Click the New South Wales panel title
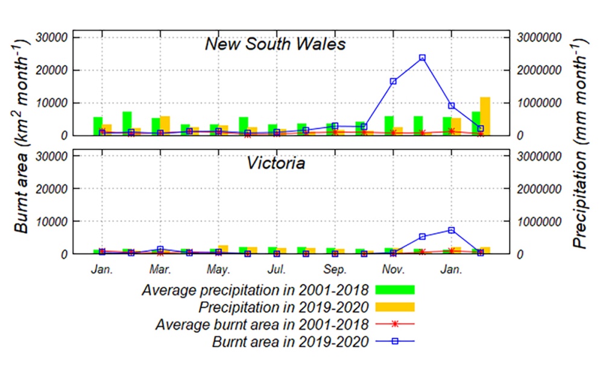pyautogui.click(x=275, y=44)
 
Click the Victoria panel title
pyautogui.click(x=276, y=163)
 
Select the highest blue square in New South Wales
pyautogui.click(x=422, y=58)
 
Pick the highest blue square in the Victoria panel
pyautogui.click(x=451, y=230)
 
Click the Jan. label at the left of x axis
pyautogui.click(x=102, y=269)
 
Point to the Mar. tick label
pyautogui.click(x=160, y=269)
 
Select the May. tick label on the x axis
pyautogui.click(x=218, y=269)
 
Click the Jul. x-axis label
pyautogui.click(x=277, y=269)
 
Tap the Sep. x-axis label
pyautogui.click(x=335, y=269)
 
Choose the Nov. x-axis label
pyautogui.click(x=393, y=269)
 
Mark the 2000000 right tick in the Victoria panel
pyautogui.click(x=541, y=188)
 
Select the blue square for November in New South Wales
pyautogui.click(x=393, y=81)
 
